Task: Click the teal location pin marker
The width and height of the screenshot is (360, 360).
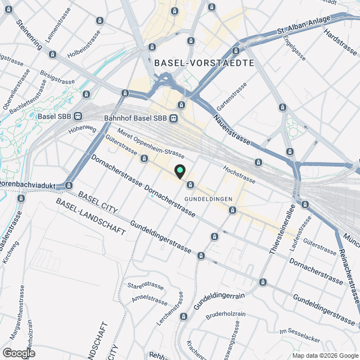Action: coord(179,172)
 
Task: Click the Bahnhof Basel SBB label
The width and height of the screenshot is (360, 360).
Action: coord(136,118)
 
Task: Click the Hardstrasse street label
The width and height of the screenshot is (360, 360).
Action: coord(340,42)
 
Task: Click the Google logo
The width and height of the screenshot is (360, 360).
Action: coord(18,353)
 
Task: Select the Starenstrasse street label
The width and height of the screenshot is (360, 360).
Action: coord(145,286)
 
